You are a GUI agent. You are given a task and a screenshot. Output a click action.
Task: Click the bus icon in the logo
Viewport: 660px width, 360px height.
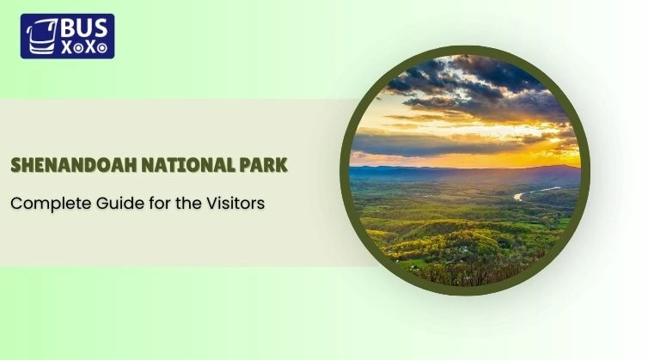tap(40, 37)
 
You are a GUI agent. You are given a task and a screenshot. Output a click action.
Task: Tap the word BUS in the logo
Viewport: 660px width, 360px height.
tap(83, 29)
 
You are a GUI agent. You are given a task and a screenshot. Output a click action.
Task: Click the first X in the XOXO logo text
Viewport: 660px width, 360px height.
tap(65, 48)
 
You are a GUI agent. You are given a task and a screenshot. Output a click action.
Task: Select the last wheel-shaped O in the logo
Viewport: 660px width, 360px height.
tap(102, 49)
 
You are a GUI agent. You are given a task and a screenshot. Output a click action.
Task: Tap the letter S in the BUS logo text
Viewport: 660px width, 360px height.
tap(101, 29)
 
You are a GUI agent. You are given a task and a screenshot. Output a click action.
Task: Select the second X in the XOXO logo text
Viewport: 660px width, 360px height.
tap(90, 48)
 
